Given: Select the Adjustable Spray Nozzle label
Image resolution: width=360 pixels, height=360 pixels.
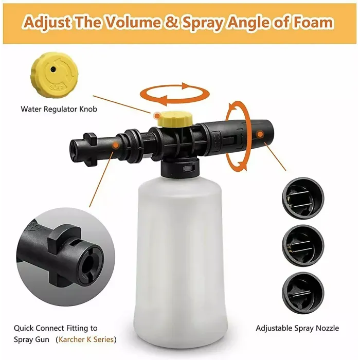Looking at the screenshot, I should tap(297, 328).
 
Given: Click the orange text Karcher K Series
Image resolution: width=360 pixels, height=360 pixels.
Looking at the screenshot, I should tap(87, 339).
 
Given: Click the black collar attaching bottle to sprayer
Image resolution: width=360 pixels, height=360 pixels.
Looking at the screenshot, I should tap(180, 167).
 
